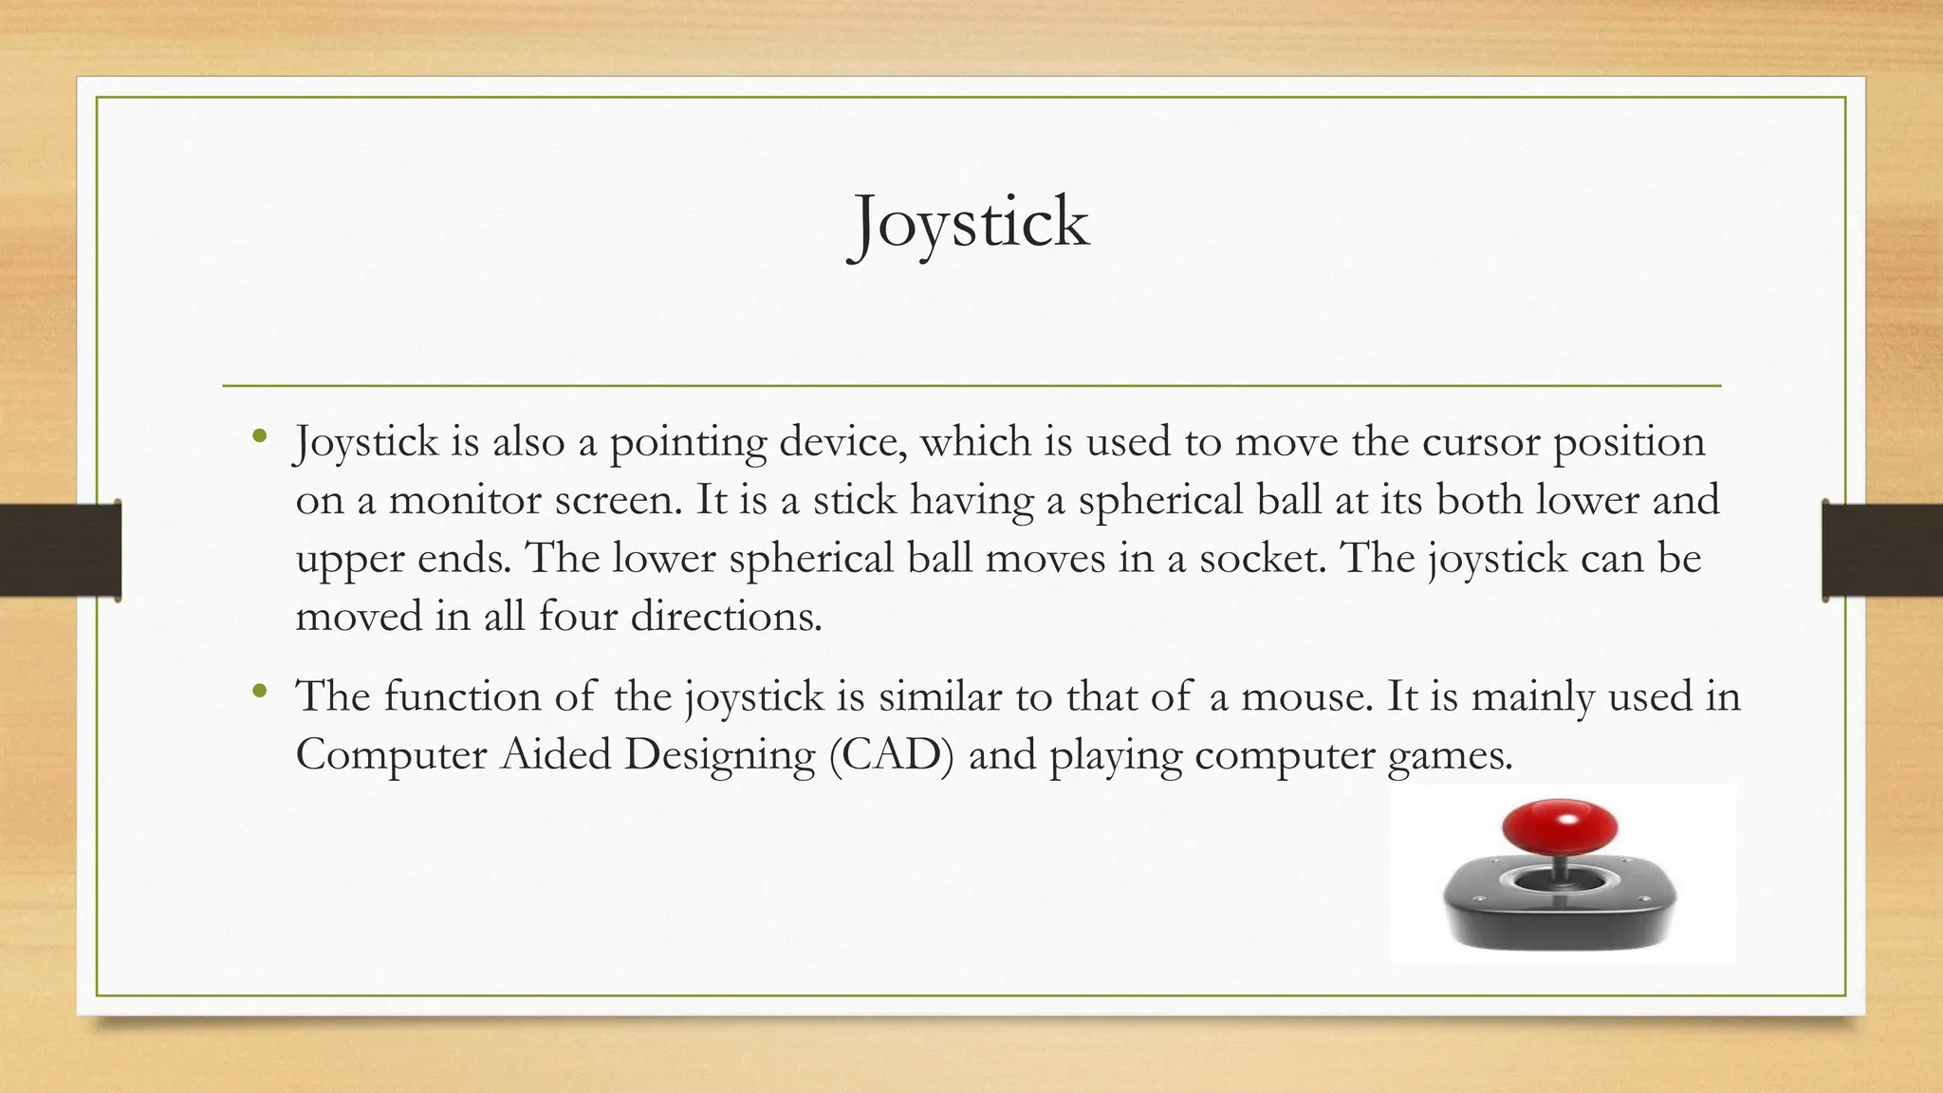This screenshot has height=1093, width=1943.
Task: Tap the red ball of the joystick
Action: (1559, 825)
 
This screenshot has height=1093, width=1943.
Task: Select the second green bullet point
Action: (260, 693)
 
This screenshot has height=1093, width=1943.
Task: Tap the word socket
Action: (1261, 559)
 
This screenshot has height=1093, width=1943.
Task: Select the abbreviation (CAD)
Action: (891, 756)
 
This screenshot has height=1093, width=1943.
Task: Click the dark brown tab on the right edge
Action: (1882, 550)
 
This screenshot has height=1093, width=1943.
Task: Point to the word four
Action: (577, 618)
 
